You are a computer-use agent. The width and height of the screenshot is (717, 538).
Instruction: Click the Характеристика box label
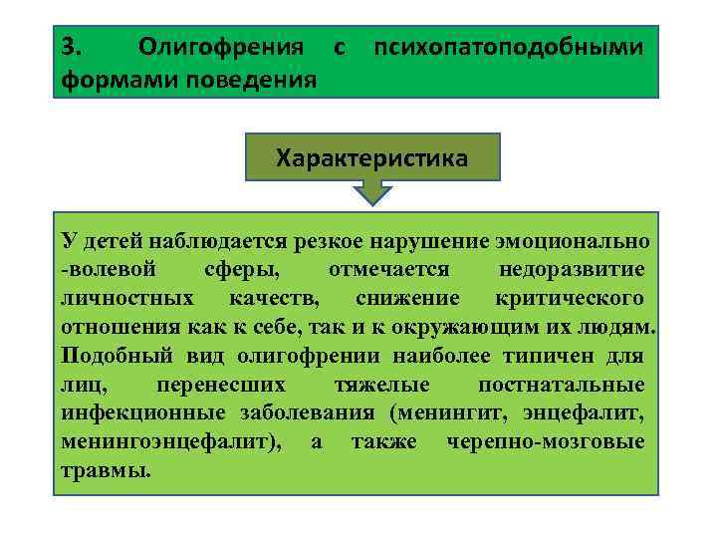(x=372, y=158)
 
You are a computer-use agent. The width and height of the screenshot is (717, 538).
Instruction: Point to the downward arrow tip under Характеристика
(x=372, y=202)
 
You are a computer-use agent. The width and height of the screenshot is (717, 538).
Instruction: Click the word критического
(x=569, y=298)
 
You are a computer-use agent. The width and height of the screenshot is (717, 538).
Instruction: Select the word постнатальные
(x=561, y=385)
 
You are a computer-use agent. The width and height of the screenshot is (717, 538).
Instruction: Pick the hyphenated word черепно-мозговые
(x=546, y=441)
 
